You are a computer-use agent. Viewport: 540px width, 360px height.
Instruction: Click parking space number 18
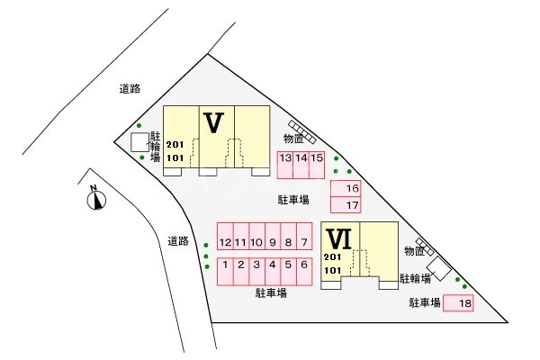pos(458,303)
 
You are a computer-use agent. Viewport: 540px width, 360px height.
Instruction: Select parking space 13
pos(285,165)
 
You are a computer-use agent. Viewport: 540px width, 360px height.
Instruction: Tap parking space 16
pos(346,188)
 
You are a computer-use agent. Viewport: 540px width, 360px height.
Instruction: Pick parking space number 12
pos(225,236)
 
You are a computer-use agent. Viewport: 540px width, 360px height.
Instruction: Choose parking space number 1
pos(225,272)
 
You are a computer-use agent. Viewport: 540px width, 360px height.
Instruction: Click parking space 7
pos(304,236)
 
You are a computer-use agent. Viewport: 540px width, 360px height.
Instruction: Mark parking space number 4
pos(273,272)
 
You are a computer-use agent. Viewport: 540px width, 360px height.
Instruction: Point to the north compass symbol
pos(96,199)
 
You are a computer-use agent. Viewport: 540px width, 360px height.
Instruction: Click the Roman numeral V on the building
pos(214,122)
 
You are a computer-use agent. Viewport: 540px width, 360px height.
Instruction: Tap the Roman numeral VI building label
pos(339,239)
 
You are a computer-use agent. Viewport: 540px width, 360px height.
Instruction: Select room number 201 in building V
pos(175,145)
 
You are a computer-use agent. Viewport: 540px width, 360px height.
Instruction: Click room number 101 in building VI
pos(332,270)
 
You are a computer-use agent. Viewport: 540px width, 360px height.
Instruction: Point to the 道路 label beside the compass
pos(178,241)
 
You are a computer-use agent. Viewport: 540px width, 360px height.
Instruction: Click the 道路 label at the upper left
pos(130,89)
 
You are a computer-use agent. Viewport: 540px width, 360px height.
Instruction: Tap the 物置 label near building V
pos(293,139)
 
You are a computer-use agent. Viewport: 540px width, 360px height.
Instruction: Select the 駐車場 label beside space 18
pos(425,302)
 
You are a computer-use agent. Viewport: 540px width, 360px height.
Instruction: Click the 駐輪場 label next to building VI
pos(415,278)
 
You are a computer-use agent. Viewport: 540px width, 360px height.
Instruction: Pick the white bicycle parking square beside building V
pos(139,142)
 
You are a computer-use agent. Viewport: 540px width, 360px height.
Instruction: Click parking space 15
pos(317,165)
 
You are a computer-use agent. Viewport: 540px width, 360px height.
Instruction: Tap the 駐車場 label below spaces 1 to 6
pos(271,293)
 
